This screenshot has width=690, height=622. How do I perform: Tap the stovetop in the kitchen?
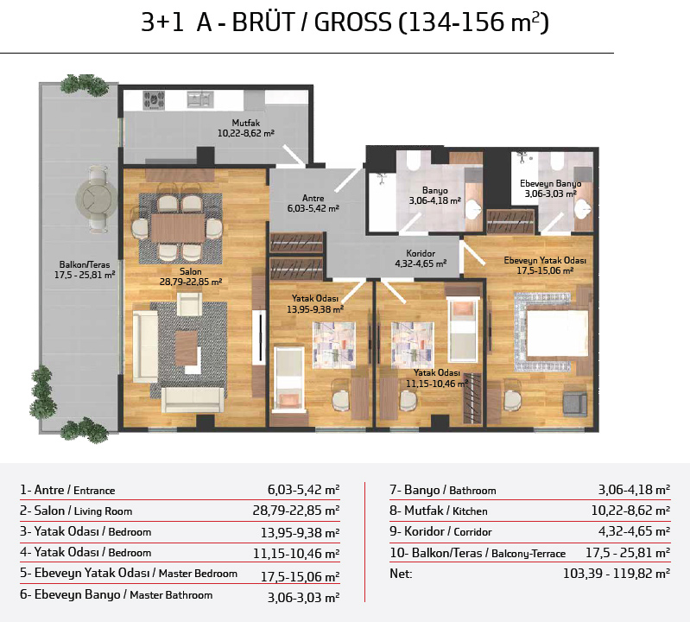click(x=154, y=100)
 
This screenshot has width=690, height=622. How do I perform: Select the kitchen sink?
click(x=200, y=99)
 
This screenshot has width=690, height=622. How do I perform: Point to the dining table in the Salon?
click(x=178, y=228)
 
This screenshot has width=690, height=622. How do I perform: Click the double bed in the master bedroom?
click(x=557, y=333)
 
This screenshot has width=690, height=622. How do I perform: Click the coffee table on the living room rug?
click(x=187, y=348)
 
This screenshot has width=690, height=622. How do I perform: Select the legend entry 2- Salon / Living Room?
click(x=76, y=511)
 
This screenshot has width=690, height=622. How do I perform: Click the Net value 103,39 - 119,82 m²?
click(x=617, y=574)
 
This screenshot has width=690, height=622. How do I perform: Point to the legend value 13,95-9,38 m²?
click(x=301, y=533)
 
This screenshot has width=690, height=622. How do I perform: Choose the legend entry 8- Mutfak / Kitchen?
click(x=439, y=511)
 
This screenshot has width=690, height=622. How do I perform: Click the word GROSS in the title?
click(x=352, y=22)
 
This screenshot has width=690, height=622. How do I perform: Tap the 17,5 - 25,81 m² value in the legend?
click(x=628, y=552)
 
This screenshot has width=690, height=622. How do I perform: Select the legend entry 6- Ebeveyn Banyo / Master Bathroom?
click(x=117, y=594)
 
